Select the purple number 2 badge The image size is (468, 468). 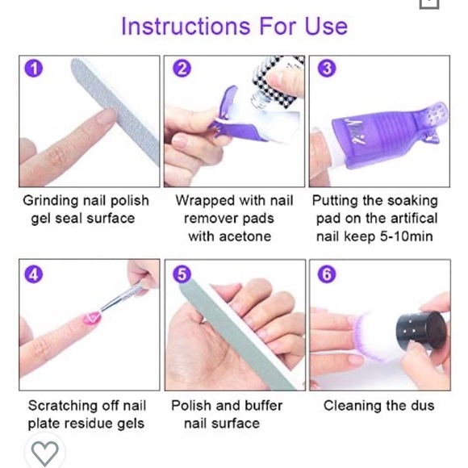click(182, 69)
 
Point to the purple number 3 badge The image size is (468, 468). click(327, 69)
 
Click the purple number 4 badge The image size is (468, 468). click(33, 274)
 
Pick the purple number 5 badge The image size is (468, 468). click(182, 274)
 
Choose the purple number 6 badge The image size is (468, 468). click(327, 274)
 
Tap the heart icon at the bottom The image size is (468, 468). click(45, 453)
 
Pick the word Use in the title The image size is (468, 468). click(326, 26)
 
